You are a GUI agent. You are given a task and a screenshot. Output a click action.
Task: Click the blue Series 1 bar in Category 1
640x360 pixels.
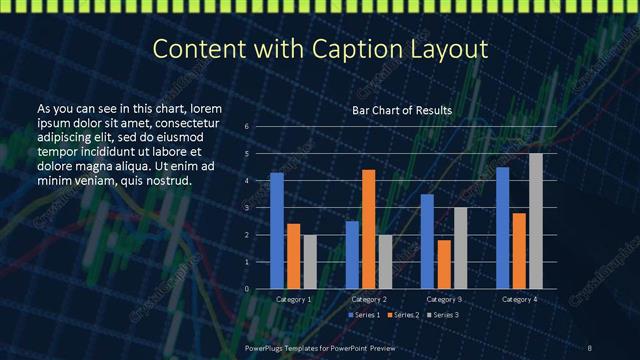click(277, 231)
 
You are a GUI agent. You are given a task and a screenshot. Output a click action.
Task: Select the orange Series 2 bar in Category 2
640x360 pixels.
click(369, 229)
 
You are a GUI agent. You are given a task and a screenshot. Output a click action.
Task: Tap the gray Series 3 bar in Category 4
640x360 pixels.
click(536, 221)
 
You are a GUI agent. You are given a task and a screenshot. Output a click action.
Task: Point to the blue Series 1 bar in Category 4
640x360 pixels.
click(502, 228)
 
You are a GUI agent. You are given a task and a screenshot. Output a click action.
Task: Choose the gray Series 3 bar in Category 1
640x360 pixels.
click(310, 262)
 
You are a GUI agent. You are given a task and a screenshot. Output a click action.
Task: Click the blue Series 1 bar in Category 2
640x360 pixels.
click(352, 255)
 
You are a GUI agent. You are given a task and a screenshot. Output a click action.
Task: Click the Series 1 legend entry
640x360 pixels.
click(362, 315)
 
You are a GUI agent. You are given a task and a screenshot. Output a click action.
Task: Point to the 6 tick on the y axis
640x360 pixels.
click(246, 127)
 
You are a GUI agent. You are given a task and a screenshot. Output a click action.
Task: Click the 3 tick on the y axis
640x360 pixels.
click(246, 208)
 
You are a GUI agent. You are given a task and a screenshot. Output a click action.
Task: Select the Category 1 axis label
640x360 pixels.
click(294, 299)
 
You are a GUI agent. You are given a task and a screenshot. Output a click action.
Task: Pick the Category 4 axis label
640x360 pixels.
click(519, 299)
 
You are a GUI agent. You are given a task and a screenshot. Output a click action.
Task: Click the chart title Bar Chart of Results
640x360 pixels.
click(402, 110)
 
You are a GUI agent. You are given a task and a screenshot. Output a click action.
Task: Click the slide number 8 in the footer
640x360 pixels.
click(590, 347)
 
